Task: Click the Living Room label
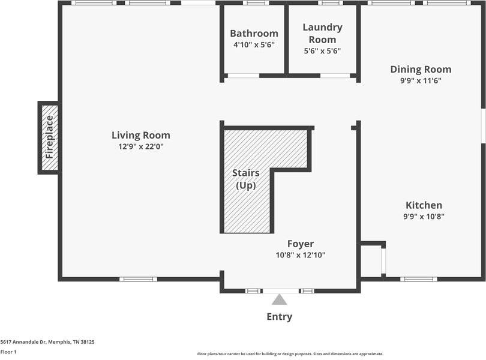140,135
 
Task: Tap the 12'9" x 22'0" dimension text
140,146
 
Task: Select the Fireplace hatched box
49,137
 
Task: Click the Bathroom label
254,34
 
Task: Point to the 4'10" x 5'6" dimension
254,44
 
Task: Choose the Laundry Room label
322,33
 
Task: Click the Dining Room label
421,70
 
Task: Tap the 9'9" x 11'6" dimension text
421,80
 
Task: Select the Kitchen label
424,205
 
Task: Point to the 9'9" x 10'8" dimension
424,217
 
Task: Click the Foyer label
300,244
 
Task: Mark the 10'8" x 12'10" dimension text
300,255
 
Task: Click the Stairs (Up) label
245,179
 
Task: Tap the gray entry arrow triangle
280,299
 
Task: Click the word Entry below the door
280,317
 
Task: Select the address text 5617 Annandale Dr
47,341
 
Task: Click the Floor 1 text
8,352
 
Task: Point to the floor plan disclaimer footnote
290,354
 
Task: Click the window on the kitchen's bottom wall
419,279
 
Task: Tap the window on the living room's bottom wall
138,279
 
